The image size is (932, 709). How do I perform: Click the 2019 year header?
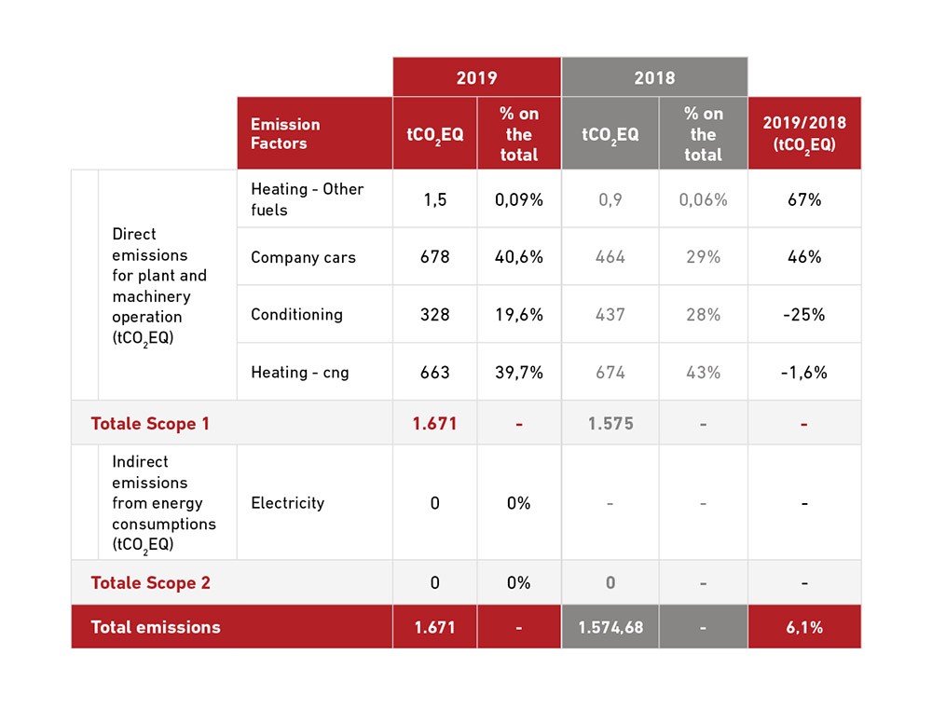coord(476,77)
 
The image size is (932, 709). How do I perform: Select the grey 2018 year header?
coord(654,77)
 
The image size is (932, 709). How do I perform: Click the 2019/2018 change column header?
coord(803,133)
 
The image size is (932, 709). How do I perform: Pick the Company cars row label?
coord(303,257)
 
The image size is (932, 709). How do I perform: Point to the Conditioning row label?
coord(296,314)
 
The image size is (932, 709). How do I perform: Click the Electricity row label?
coord(287,503)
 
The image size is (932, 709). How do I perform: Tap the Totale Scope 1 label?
coord(150,424)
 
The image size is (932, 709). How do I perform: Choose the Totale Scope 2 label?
coord(150,583)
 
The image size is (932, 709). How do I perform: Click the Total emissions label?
coord(156,627)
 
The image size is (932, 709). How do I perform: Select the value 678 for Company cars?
coord(434,257)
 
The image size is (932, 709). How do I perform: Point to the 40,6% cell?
coord(518,257)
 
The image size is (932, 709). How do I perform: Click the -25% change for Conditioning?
coord(803,314)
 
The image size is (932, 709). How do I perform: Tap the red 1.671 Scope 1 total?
coord(434,424)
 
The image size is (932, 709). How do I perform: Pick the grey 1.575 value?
coord(610,424)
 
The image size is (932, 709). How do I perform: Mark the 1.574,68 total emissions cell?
coord(610,627)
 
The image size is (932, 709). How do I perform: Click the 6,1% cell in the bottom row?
coord(803,627)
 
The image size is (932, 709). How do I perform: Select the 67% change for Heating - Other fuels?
coord(803,199)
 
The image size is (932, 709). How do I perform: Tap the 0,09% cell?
coord(518,199)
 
